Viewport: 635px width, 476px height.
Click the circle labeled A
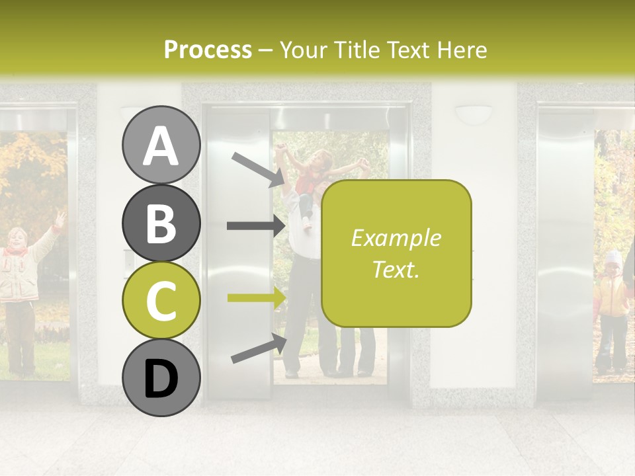pyautogui.click(x=161, y=145)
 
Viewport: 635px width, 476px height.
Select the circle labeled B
pyautogui.click(x=161, y=223)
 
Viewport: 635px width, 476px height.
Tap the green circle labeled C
pyautogui.click(x=161, y=300)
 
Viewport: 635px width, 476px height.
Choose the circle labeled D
pyautogui.click(x=161, y=378)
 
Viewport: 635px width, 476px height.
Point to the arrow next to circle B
pyautogui.click(x=255, y=225)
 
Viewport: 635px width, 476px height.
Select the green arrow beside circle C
pyautogui.click(x=255, y=297)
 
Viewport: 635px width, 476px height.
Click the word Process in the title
pyautogui.click(x=208, y=50)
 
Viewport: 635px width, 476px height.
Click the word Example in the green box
pyautogui.click(x=396, y=238)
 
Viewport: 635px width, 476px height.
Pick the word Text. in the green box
pyautogui.click(x=396, y=269)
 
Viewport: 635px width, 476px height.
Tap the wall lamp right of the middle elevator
pyautogui.click(x=473, y=114)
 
